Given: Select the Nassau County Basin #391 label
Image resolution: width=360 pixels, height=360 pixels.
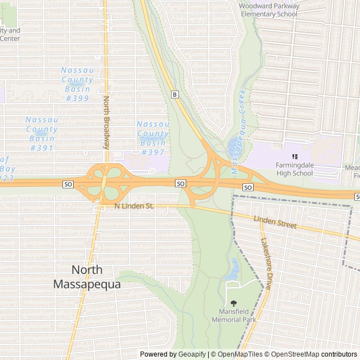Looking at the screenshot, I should coord(41,134).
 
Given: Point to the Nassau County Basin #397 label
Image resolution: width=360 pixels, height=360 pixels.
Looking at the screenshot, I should coord(152,138).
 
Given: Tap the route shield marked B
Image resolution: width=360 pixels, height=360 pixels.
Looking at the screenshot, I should coord(175,94).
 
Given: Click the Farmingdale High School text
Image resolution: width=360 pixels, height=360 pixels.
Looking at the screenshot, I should coord(294,169).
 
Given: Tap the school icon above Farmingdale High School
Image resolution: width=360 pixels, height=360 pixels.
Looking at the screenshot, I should coord(294,156).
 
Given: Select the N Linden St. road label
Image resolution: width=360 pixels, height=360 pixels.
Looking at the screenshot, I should coord(134,206).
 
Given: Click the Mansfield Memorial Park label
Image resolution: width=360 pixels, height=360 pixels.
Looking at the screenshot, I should coord(233,316).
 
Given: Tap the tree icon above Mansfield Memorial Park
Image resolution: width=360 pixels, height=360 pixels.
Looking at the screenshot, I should coord(233,304).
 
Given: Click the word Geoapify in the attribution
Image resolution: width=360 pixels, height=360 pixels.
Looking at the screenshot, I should coord(192,354).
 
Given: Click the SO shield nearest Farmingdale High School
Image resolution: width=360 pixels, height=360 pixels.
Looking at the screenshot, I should coord(247,187).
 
